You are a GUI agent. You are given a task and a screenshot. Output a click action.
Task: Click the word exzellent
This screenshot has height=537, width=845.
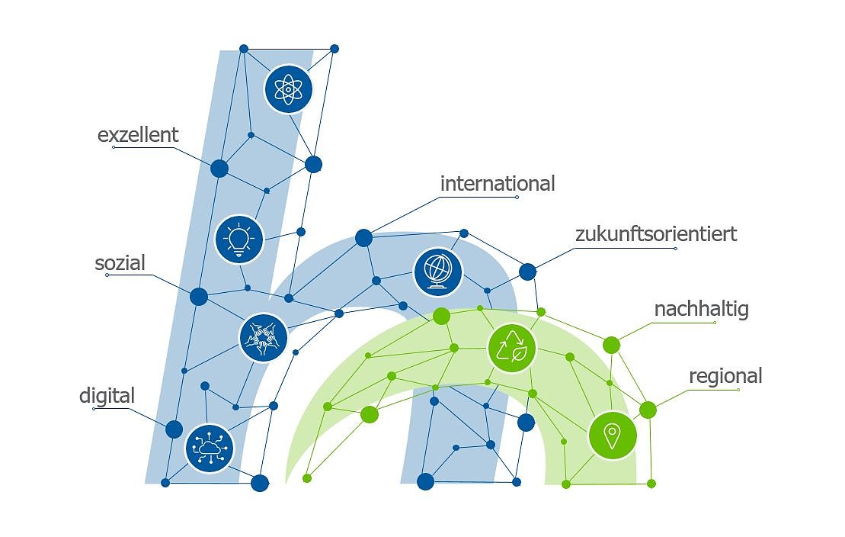point(138,135)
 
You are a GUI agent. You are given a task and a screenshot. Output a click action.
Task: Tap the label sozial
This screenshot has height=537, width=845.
point(120,264)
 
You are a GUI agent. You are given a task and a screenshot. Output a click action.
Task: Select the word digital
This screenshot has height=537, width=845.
point(107,396)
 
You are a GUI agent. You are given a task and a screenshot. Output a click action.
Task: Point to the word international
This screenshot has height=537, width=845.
point(498,184)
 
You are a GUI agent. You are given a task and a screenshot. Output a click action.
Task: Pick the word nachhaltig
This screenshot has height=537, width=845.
point(701,309)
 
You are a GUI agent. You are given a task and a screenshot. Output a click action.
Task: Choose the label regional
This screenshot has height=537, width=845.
point(725,376)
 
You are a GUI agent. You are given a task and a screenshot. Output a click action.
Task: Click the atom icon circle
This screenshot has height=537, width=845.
point(288,89)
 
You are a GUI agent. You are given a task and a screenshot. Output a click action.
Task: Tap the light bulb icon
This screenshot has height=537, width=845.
point(239,239)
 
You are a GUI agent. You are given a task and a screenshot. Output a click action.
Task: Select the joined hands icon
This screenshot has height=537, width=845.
point(263,337)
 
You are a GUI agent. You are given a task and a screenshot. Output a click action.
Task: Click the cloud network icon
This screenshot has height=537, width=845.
point(209,448)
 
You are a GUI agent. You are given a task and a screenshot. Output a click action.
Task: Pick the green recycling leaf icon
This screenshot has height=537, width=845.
point(512,348)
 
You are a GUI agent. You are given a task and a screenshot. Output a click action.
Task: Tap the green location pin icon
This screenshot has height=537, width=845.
point(612,436)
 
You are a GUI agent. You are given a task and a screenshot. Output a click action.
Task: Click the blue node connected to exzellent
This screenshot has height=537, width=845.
point(219,169)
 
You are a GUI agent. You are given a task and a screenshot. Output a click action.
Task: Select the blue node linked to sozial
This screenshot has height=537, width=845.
point(199,297)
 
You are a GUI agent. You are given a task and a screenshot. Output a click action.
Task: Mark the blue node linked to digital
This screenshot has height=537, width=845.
point(174,429)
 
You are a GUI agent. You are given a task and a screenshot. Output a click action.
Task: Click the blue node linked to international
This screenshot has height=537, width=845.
point(363,238)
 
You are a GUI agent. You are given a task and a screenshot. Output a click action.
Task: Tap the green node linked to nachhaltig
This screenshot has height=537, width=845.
point(611,346)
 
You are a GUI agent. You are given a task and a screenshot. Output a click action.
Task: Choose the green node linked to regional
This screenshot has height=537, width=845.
point(648,410)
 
